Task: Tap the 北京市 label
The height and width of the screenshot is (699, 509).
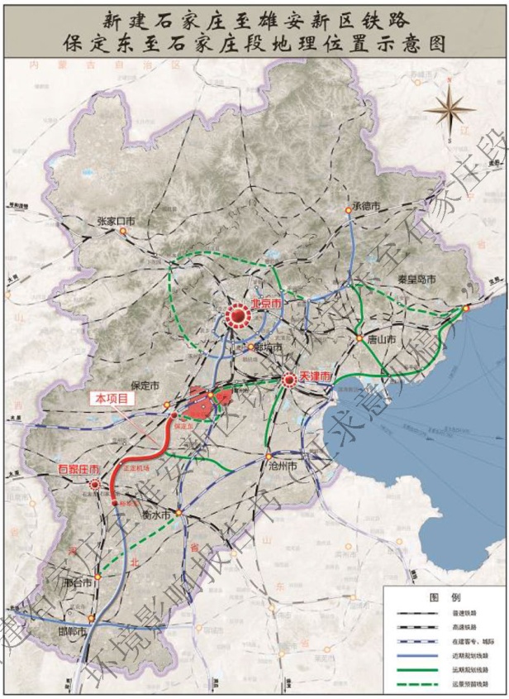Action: pyautogui.click(x=268, y=304)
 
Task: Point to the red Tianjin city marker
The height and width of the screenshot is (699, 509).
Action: pyautogui.click(x=289, y=381)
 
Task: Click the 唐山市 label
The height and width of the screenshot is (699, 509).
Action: pyautogui.click(x=381, y=339)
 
